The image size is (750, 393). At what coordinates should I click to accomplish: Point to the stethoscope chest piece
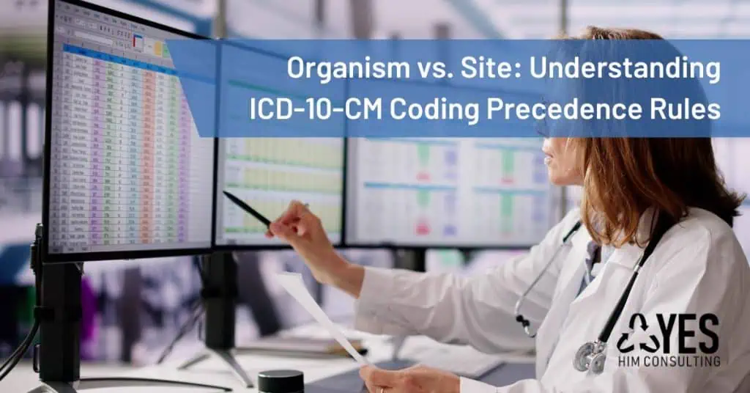(x=590, y=358)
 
